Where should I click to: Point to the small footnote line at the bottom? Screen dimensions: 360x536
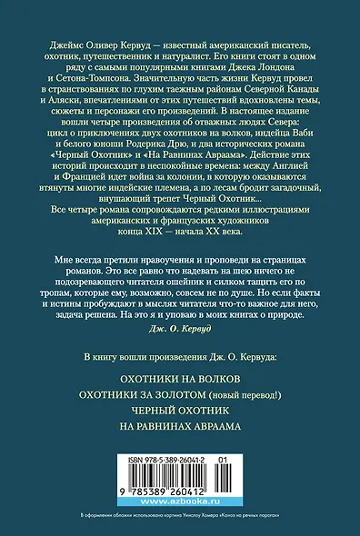(180, 529)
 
